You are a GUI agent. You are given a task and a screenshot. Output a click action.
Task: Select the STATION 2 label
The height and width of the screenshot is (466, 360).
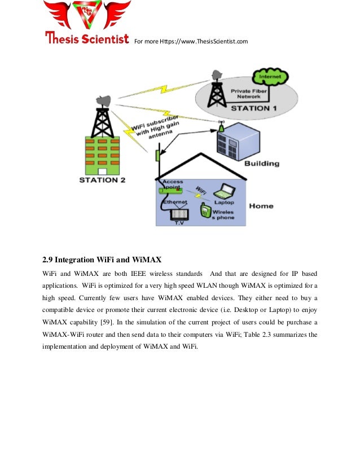tap(102, 181)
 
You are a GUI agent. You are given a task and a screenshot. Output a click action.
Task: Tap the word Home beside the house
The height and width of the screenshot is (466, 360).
tap(262, 206)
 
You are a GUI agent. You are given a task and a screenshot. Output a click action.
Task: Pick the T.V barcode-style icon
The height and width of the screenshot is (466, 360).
tap(179, 214)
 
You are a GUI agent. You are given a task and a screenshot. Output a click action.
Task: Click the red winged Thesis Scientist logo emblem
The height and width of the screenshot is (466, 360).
tap(87, 16)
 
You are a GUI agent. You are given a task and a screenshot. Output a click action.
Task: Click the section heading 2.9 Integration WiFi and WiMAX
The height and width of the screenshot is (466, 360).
tap(102, 260)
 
